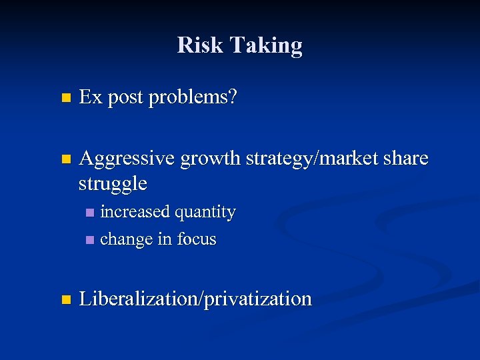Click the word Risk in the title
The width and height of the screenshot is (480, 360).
click(201, 45)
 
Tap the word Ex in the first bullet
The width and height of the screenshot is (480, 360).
click(91, 97)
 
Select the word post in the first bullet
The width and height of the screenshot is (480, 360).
click(125, 99)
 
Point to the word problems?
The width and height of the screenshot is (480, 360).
click(193, 99)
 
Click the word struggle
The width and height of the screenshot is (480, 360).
click(113, 183)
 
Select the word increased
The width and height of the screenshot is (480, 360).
click(135, 212)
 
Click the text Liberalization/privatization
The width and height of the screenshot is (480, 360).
click(195, 299)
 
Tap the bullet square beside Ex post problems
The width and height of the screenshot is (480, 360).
click(65, 99)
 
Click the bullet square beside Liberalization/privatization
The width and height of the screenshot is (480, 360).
click(65, 299)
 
